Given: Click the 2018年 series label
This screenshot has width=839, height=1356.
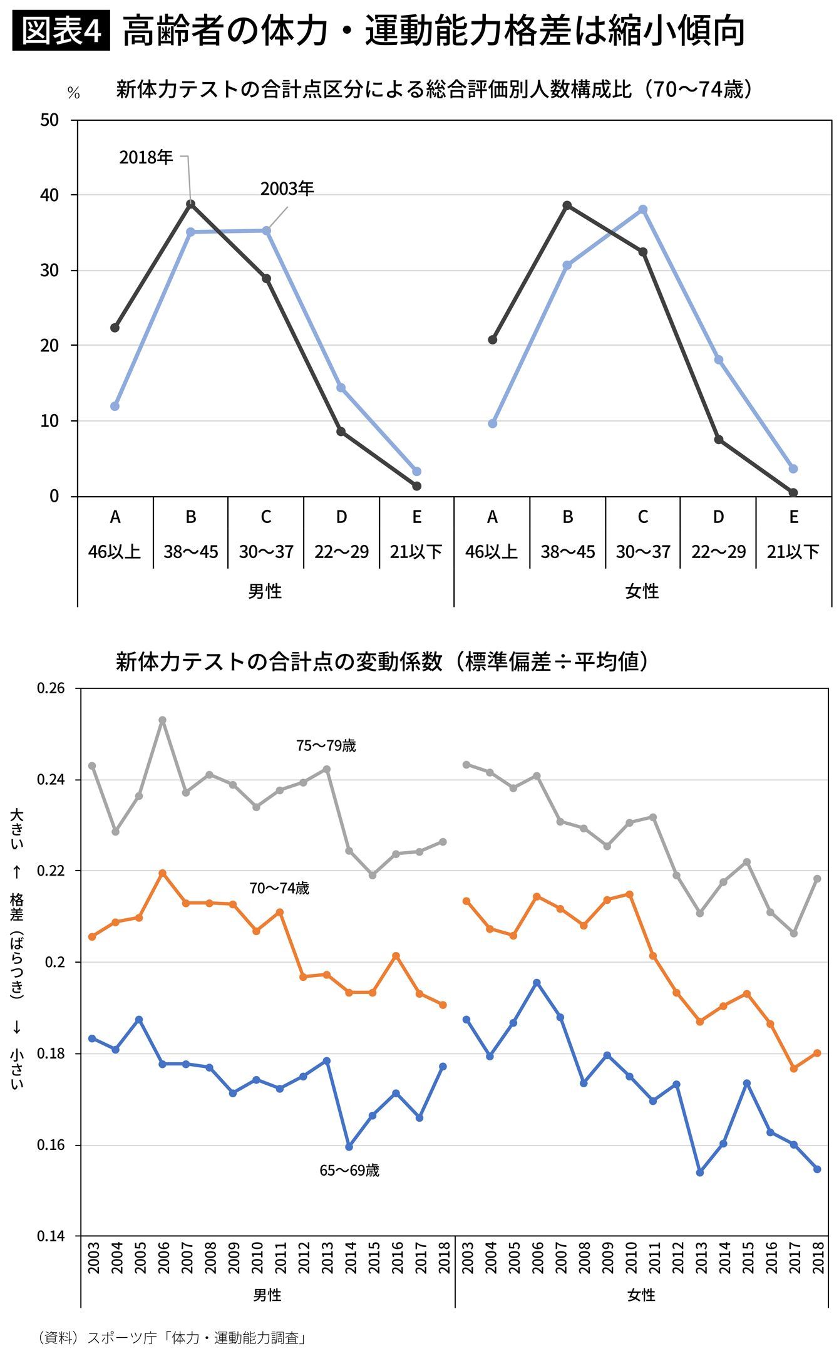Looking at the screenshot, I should click(146, 157).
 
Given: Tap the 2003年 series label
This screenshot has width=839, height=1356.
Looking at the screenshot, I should click(287, 189).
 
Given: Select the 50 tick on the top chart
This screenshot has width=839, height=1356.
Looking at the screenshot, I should click(49, 120).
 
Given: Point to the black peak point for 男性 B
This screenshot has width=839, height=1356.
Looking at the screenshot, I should click(190, 204).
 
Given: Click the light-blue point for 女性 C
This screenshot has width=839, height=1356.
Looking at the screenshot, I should click(642, 210).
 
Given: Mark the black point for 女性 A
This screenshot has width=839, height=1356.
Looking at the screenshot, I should click(492, 340).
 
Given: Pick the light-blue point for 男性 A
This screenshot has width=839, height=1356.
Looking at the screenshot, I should click(115, 406).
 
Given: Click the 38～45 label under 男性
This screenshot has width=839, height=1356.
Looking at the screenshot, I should click(191, 552).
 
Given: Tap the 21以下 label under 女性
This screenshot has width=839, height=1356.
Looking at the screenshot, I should click(793, 552).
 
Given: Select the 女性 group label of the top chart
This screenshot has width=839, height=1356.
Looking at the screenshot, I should click(642, 591).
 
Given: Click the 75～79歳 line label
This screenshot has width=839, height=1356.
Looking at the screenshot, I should click(326, 746).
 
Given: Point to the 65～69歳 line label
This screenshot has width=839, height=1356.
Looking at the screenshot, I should click(349, 1171).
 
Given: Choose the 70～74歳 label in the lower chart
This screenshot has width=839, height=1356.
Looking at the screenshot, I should click(279, 888).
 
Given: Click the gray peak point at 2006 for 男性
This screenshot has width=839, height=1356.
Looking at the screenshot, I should click(162, 720).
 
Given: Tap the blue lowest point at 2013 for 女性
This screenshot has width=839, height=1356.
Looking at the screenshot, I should click(700, 1172).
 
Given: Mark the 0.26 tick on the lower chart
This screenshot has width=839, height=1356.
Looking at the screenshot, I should click(51, 688).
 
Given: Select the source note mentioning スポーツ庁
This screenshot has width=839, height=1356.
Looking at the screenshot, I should click(172, 1338).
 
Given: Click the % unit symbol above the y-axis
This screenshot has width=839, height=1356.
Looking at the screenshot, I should click(74, 94).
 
